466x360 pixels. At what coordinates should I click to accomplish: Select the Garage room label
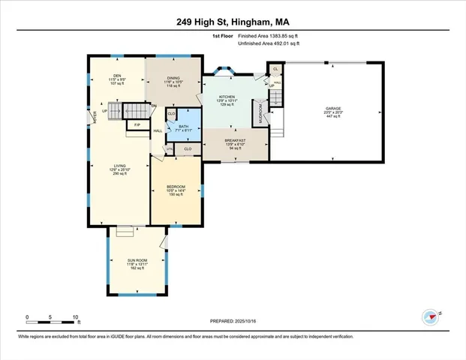pos(333,108)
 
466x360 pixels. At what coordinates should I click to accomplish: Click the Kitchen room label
pos(227,97)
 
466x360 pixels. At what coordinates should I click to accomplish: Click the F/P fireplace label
pos(137,124)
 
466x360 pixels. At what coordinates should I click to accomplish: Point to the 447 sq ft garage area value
pos(333,117)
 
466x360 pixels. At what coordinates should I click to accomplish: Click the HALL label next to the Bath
pos(158,130)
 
